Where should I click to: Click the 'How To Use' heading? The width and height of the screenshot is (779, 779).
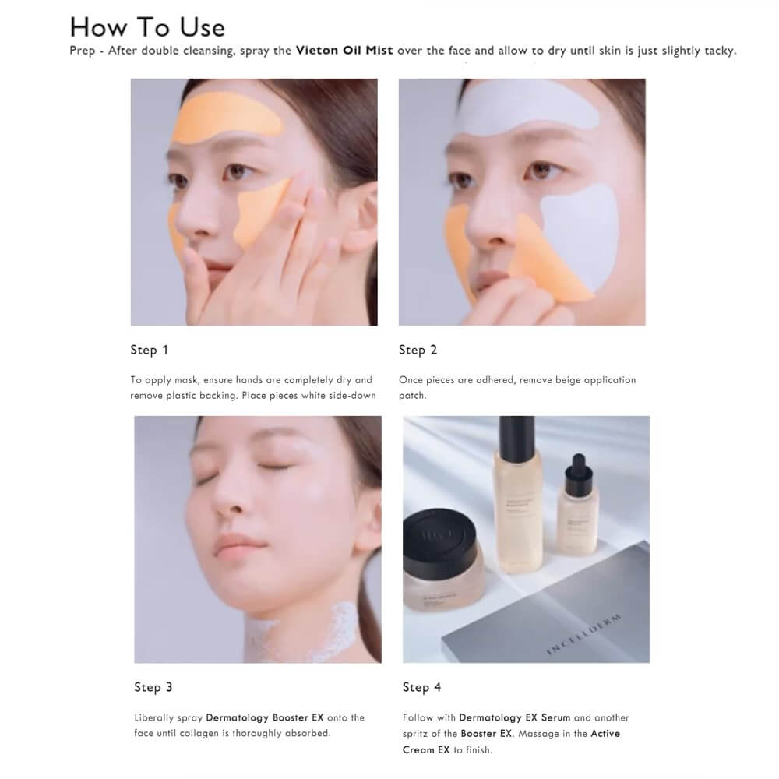coord(147,27)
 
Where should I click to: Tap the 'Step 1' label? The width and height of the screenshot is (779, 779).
coord(149,350)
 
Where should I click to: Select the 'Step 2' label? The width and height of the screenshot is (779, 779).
coord(418,350)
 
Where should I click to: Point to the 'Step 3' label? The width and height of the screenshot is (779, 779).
coord(153,687)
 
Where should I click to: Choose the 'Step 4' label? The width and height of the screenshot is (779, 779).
coord(421,687)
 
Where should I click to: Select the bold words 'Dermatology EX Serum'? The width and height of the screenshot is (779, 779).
coord(515,717)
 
